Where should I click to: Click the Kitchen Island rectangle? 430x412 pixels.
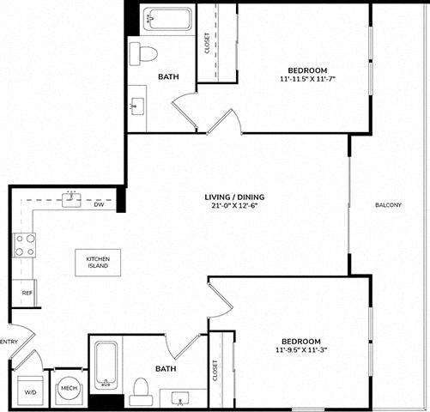(x=98, y=263)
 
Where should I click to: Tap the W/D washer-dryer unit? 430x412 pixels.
(x=30, y=391)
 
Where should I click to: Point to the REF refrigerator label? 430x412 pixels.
(x=27, y=294)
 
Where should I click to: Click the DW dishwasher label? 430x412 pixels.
(x=99, y=204)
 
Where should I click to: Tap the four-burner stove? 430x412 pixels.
(x=25, y=245)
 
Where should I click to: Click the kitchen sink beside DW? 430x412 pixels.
(x=71, y=199)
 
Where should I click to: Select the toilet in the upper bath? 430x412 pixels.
(x=143, y=54)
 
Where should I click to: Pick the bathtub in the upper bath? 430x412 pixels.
(x=167, y=19)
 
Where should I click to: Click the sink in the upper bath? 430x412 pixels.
(x=137, y=106)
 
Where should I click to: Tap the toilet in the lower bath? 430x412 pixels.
(x=141, y=391)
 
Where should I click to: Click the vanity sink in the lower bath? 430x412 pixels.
(x=180, y=399)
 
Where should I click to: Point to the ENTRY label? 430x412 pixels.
(x=9, y=342)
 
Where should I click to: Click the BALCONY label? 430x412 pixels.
(x=388, y=205)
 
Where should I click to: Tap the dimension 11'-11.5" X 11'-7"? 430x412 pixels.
(x=307, y=79)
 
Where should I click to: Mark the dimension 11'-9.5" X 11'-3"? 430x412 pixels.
(x=301, y=349)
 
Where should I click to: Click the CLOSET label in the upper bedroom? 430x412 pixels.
(x=208, y=43)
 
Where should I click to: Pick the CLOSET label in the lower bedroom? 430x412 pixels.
(x=215, y=370)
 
